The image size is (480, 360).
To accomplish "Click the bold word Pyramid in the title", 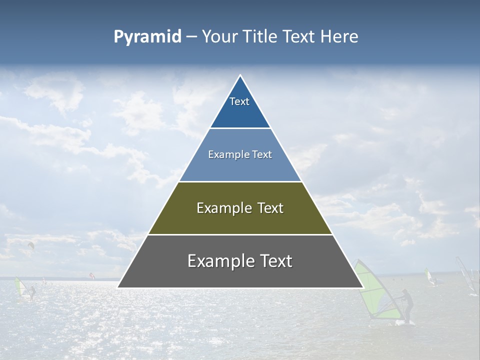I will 147,37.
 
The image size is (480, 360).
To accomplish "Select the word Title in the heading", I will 263,37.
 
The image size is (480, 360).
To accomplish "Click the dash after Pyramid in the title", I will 191,37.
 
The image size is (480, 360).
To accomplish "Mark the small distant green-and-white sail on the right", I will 428,276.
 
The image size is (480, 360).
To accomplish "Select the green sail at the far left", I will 20,287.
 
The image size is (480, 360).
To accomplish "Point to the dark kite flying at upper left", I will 31,245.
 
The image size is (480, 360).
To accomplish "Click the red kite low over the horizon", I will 91,275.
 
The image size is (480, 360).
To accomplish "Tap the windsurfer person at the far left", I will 32,292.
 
